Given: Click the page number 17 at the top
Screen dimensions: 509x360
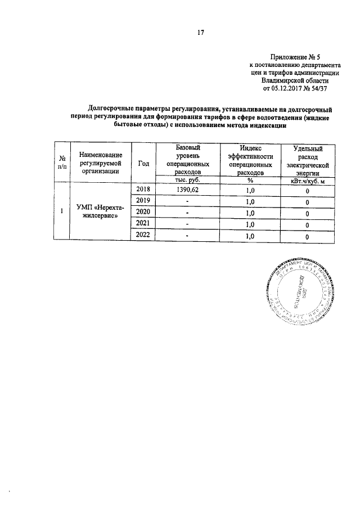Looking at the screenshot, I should (199, 32).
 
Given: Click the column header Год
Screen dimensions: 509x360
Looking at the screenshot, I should (143, 163).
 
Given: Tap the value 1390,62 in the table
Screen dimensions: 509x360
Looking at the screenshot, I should (187, 191).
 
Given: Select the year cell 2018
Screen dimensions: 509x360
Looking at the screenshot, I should (143, 190).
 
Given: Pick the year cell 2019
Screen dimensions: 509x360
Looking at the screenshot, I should (143, 201).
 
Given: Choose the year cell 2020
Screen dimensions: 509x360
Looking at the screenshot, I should (143, 213).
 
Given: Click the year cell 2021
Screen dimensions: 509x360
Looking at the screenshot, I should (143, 225).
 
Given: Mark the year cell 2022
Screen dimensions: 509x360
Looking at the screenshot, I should (143, 236).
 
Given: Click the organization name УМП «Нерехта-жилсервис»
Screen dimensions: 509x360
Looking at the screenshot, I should (97, 213).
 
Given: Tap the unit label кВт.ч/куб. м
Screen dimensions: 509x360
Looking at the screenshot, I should (308, 181).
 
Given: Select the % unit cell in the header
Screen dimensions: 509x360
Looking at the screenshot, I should (249, 181).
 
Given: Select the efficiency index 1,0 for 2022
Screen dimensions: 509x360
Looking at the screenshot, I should (251, 237).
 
